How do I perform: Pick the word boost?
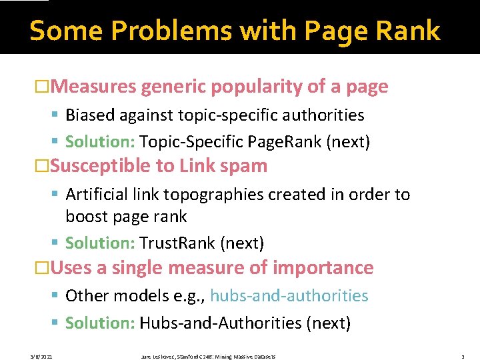[x=86, y=217]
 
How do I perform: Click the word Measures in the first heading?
[x=93, y=87]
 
